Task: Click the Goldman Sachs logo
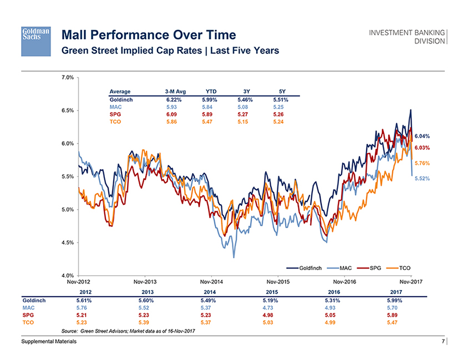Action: (x=36, y=40)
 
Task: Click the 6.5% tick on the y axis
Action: (x=67, y=110)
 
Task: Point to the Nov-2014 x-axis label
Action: (x=211, y=282)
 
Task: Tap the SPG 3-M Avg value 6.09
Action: (x=175, y=114)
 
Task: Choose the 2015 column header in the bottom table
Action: (x=272, y=292)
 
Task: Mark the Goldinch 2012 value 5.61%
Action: (x=85, y=300)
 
